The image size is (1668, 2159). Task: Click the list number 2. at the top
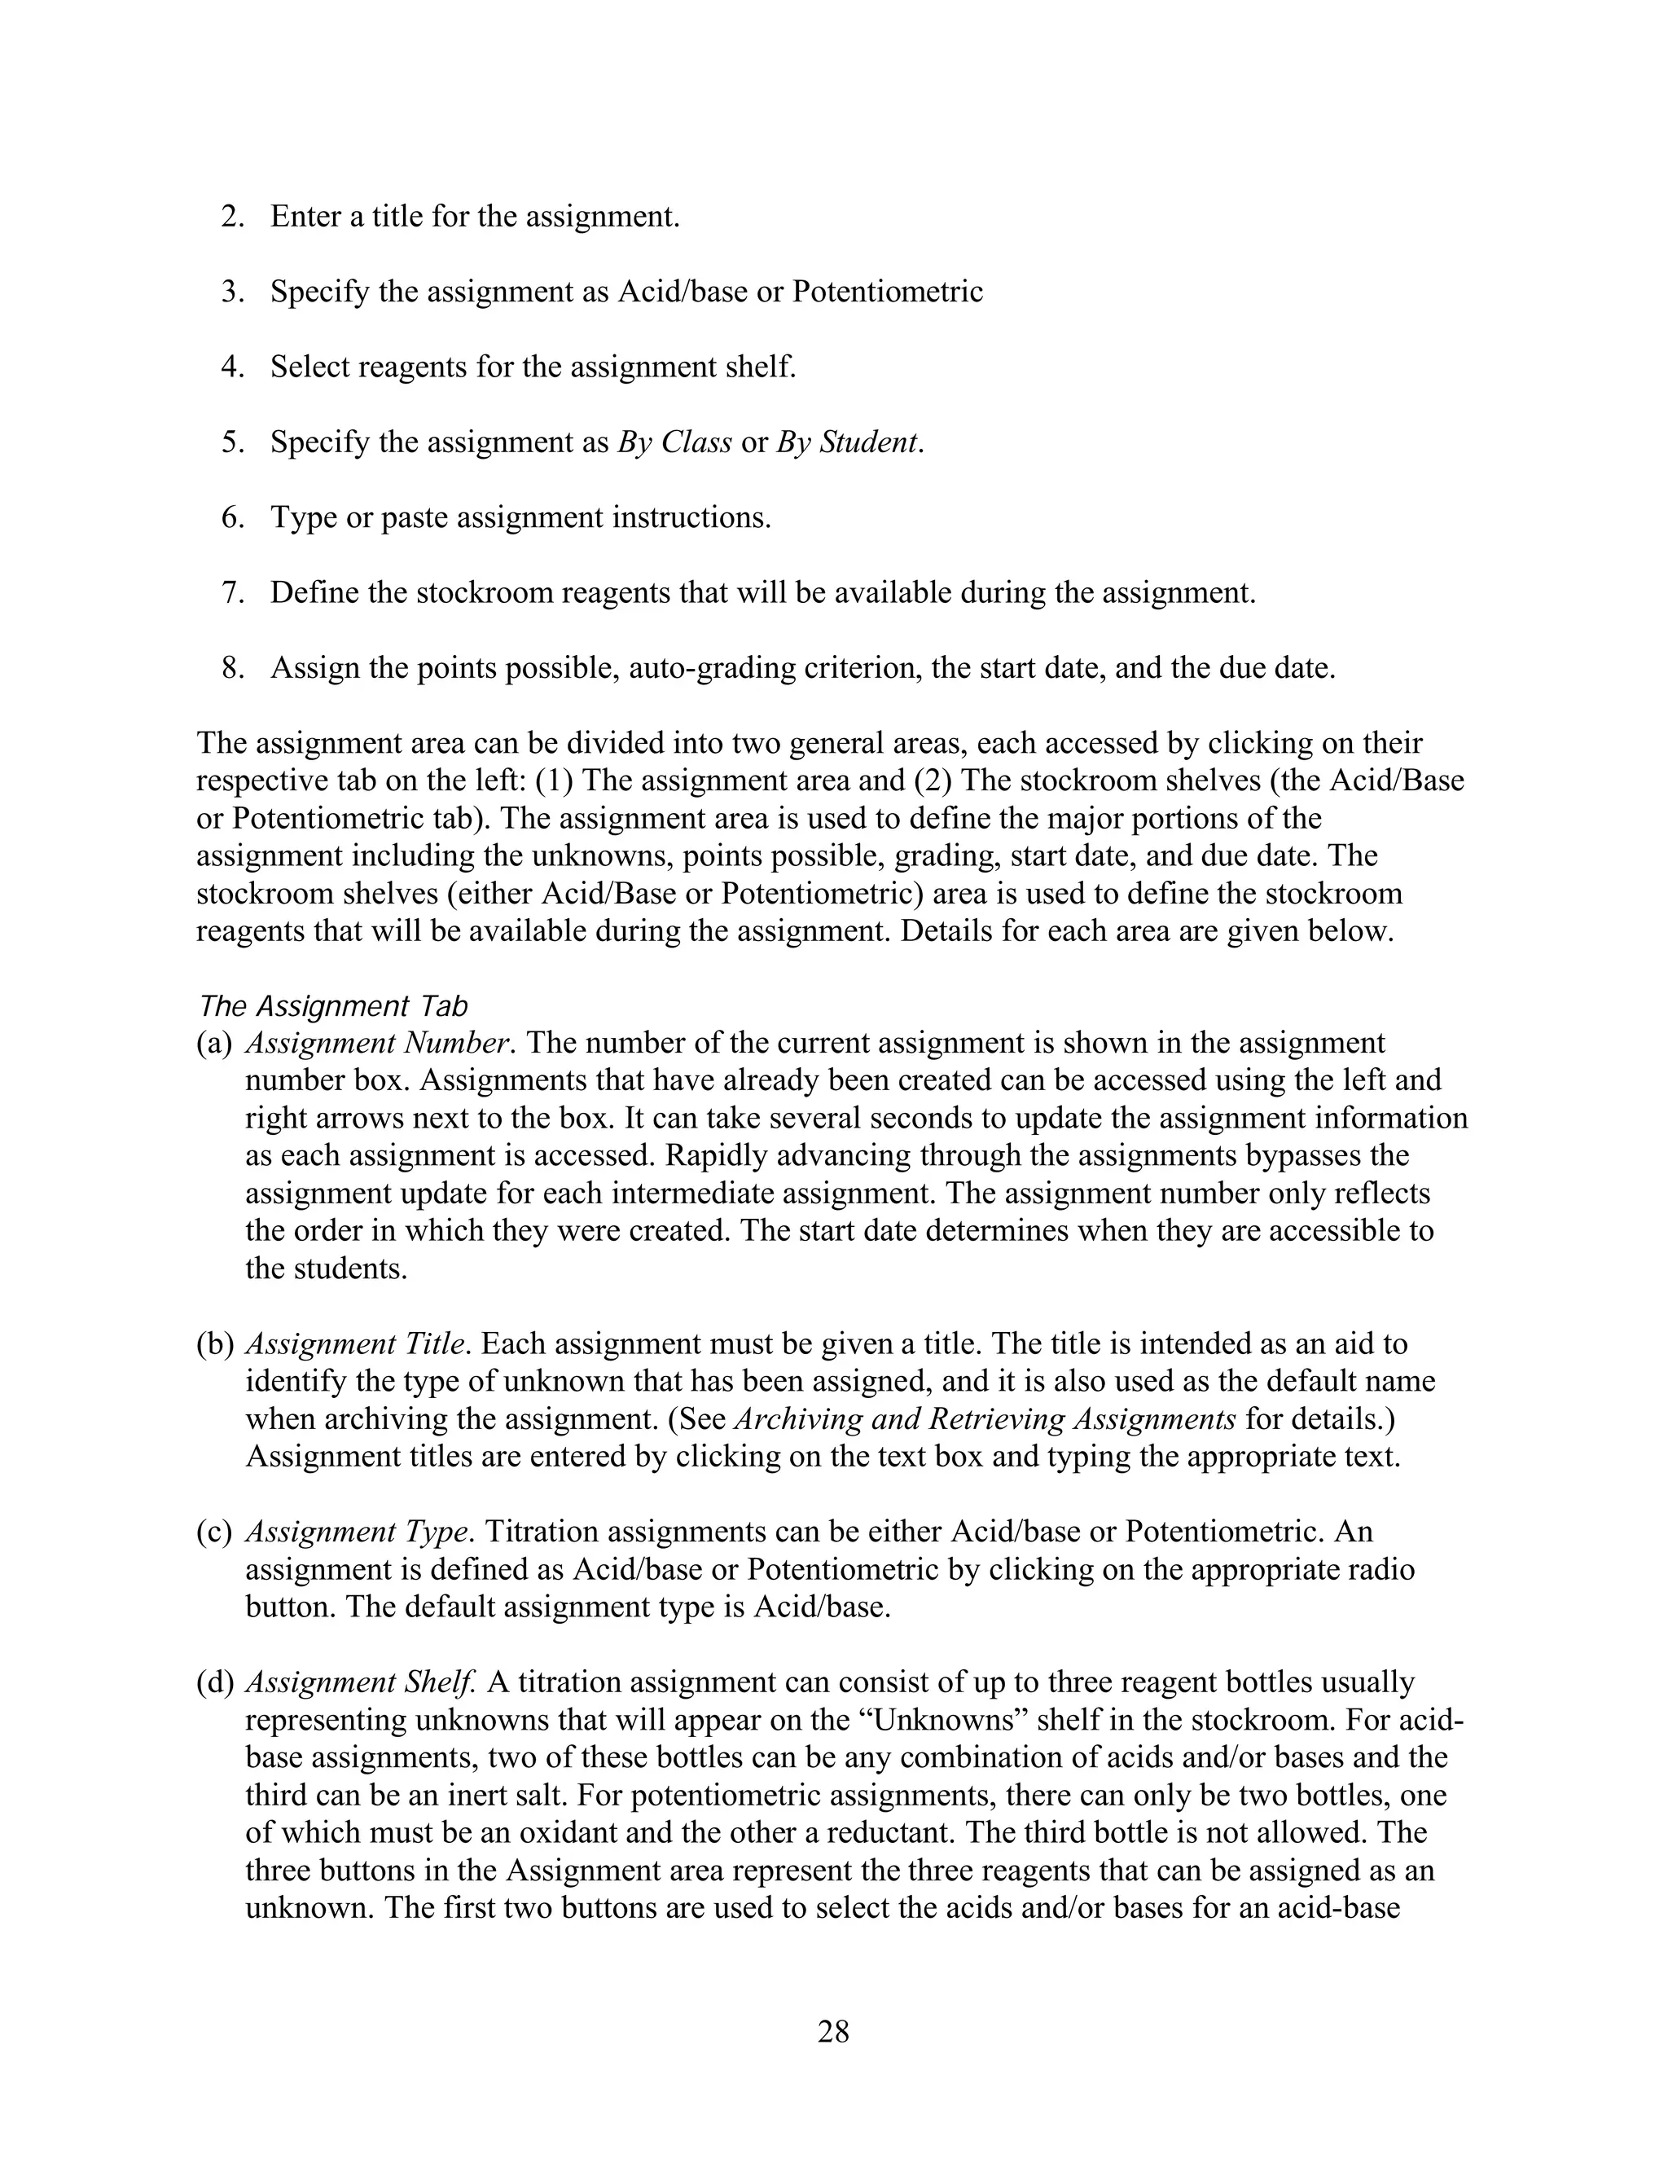click(232, 217)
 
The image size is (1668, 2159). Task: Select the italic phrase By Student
click(849, 442)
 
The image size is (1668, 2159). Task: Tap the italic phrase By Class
click(675, 442)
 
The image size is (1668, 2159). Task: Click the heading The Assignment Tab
click(332, 1006)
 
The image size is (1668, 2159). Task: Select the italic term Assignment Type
click(356, 1532)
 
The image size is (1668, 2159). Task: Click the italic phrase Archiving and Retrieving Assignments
click(984, 1418)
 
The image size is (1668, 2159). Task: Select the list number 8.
click(232, 667)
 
